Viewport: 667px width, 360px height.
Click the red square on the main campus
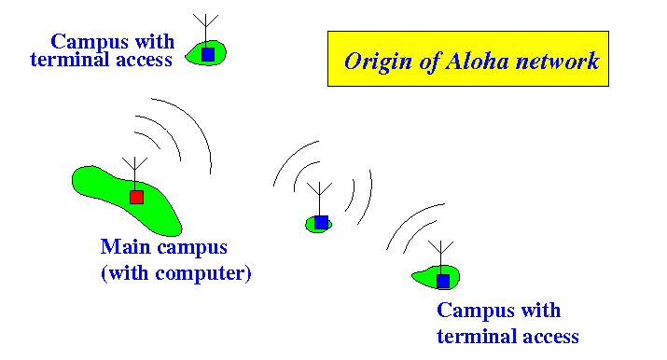coord(136,197)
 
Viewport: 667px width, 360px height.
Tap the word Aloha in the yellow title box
coord(477,62)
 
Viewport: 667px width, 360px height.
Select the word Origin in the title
coord(378,62)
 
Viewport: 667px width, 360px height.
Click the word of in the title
coord(428,62)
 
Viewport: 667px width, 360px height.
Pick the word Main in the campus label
coord(122,246)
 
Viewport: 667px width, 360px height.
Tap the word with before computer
coord(127,272)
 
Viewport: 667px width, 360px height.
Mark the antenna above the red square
coord(135,173)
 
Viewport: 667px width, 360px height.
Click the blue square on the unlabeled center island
coord(321,222)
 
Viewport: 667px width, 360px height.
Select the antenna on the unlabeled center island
coord(319,199)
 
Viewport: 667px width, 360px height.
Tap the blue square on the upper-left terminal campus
coord(208,54)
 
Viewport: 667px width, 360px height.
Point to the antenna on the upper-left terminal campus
coord(206,31)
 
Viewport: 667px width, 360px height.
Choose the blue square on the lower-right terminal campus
coord(443,281)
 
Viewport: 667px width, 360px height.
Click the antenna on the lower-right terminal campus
coord(440,258)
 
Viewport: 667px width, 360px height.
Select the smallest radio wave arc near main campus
coord(150,139)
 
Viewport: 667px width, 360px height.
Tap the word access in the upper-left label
coord(145,61)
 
